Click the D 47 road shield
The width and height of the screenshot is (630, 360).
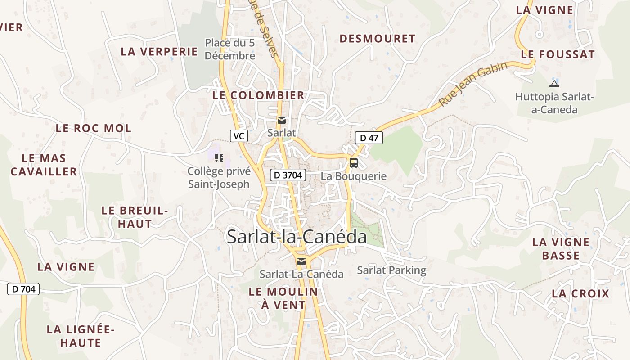(369, 138)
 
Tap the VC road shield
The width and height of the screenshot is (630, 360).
(239, 135)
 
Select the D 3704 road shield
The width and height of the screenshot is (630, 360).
(288, 175)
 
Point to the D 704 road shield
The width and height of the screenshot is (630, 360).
(23, 289)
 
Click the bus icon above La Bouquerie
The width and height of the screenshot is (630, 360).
(354, 163)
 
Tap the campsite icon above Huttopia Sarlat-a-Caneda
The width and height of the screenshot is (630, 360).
(554, 84)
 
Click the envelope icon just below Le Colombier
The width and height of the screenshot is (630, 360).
(282, 120)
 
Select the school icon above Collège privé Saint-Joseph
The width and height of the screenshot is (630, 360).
(219, 157)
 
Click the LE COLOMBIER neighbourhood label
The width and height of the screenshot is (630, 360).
(258, 95)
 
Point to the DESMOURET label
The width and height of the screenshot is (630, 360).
(377, 39)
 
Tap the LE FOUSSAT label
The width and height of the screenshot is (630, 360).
(558, 55)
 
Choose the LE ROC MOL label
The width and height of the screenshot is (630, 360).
(94, 128)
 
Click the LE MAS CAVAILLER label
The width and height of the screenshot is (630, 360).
(44, 165)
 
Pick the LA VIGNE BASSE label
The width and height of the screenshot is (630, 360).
(561, 249)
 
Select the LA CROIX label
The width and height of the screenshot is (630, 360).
(580, 294)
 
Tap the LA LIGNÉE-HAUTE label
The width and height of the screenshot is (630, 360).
(81, 336)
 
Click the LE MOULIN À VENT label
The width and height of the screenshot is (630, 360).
(283, 298)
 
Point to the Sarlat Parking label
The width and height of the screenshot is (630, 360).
(391, 270)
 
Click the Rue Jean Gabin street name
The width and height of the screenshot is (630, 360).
(473, 84)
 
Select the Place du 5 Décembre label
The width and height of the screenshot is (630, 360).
(230, 49)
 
